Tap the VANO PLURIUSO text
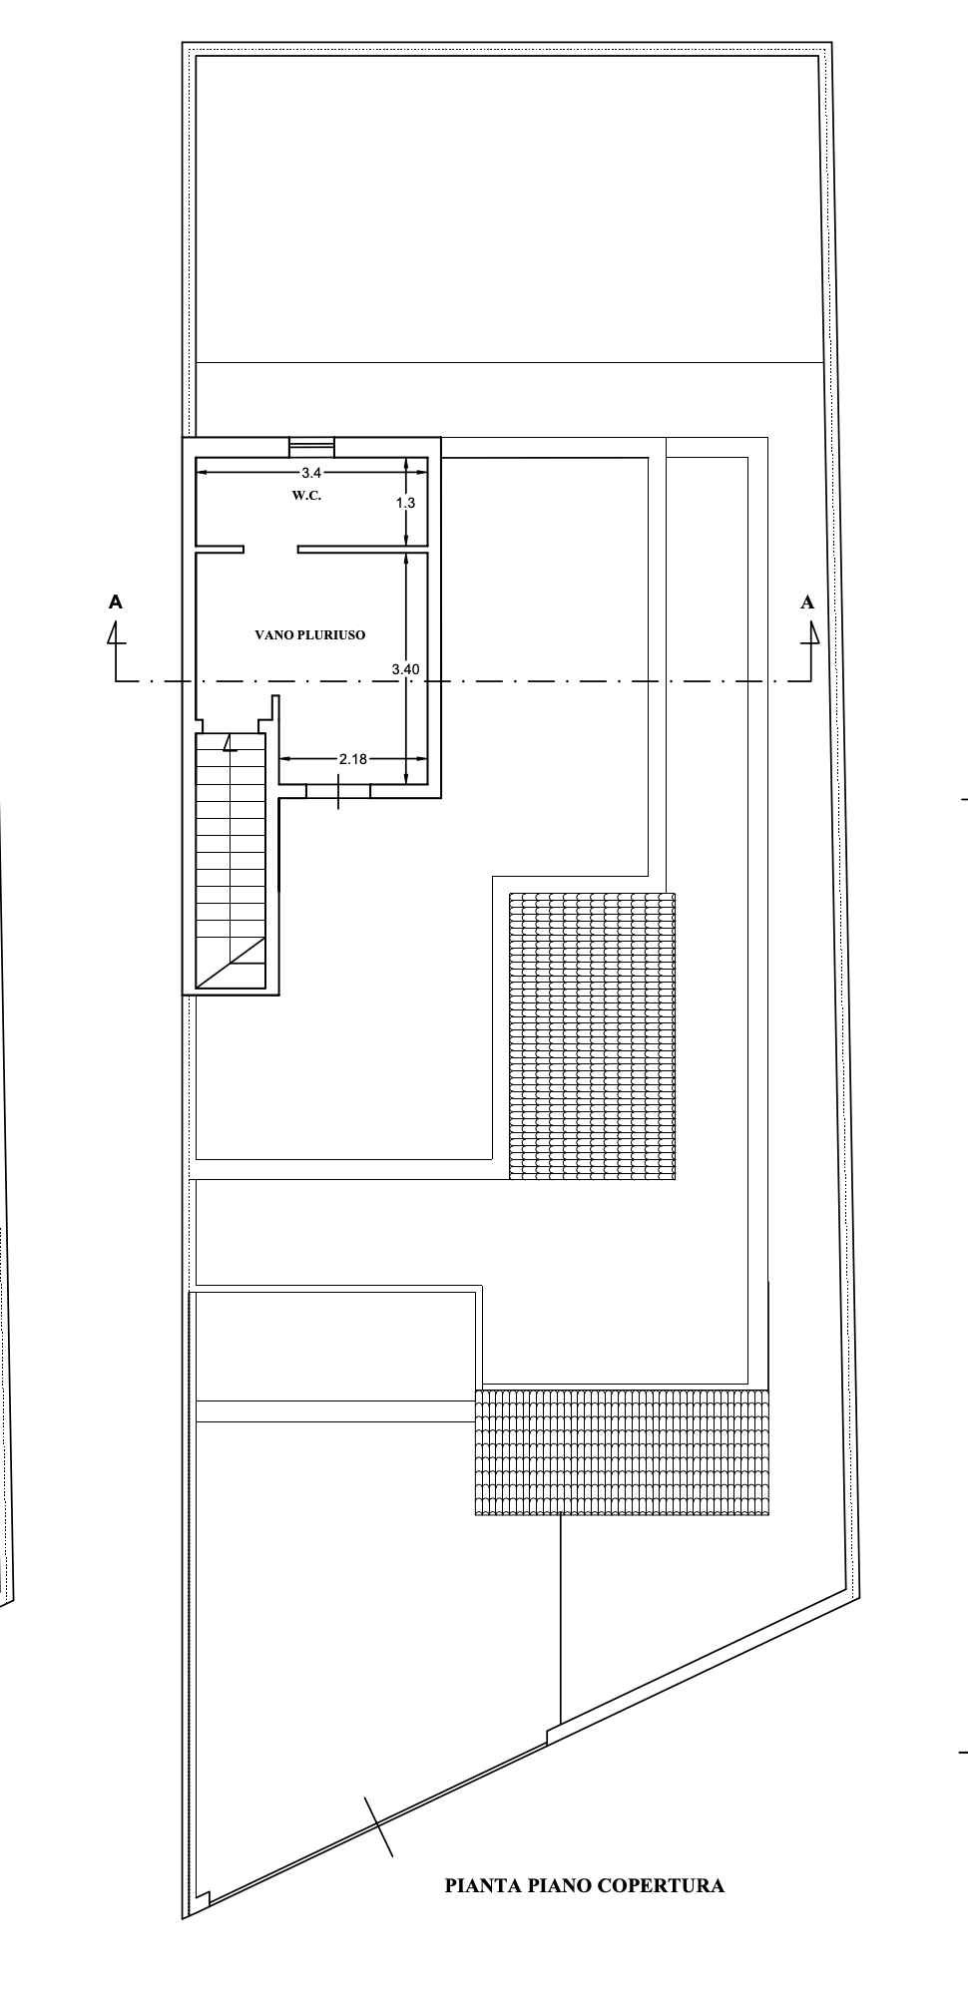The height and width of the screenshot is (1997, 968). [x=310, y=634]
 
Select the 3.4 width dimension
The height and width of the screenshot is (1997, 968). [x=311, y=473]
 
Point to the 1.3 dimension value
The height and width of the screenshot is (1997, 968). [x=405, y=504]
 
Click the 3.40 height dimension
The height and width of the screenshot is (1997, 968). [x=405, y=669]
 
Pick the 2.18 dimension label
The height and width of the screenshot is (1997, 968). [x=353, y=759]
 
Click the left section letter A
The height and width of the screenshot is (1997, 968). [x=116, y=602]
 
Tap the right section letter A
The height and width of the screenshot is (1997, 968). [x=807, y=602]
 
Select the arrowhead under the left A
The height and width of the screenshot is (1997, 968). [x=116, y=633]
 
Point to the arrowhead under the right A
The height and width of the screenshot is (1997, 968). [x=812, y=633]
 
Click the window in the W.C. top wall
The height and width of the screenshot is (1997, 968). [x=311, y=447]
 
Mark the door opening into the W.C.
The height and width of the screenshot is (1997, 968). [x=271, y=549]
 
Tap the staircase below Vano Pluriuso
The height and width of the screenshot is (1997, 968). [x=232, y=863]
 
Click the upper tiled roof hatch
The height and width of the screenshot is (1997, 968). [x=592, y=1035]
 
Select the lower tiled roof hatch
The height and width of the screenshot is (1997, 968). [x=622, y=1452]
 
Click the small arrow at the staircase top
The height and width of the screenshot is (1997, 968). [x=229, y=742]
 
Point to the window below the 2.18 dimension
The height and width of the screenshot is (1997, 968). [x=338, y=791]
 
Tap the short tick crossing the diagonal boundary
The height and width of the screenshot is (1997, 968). [x=378, y=1827]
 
